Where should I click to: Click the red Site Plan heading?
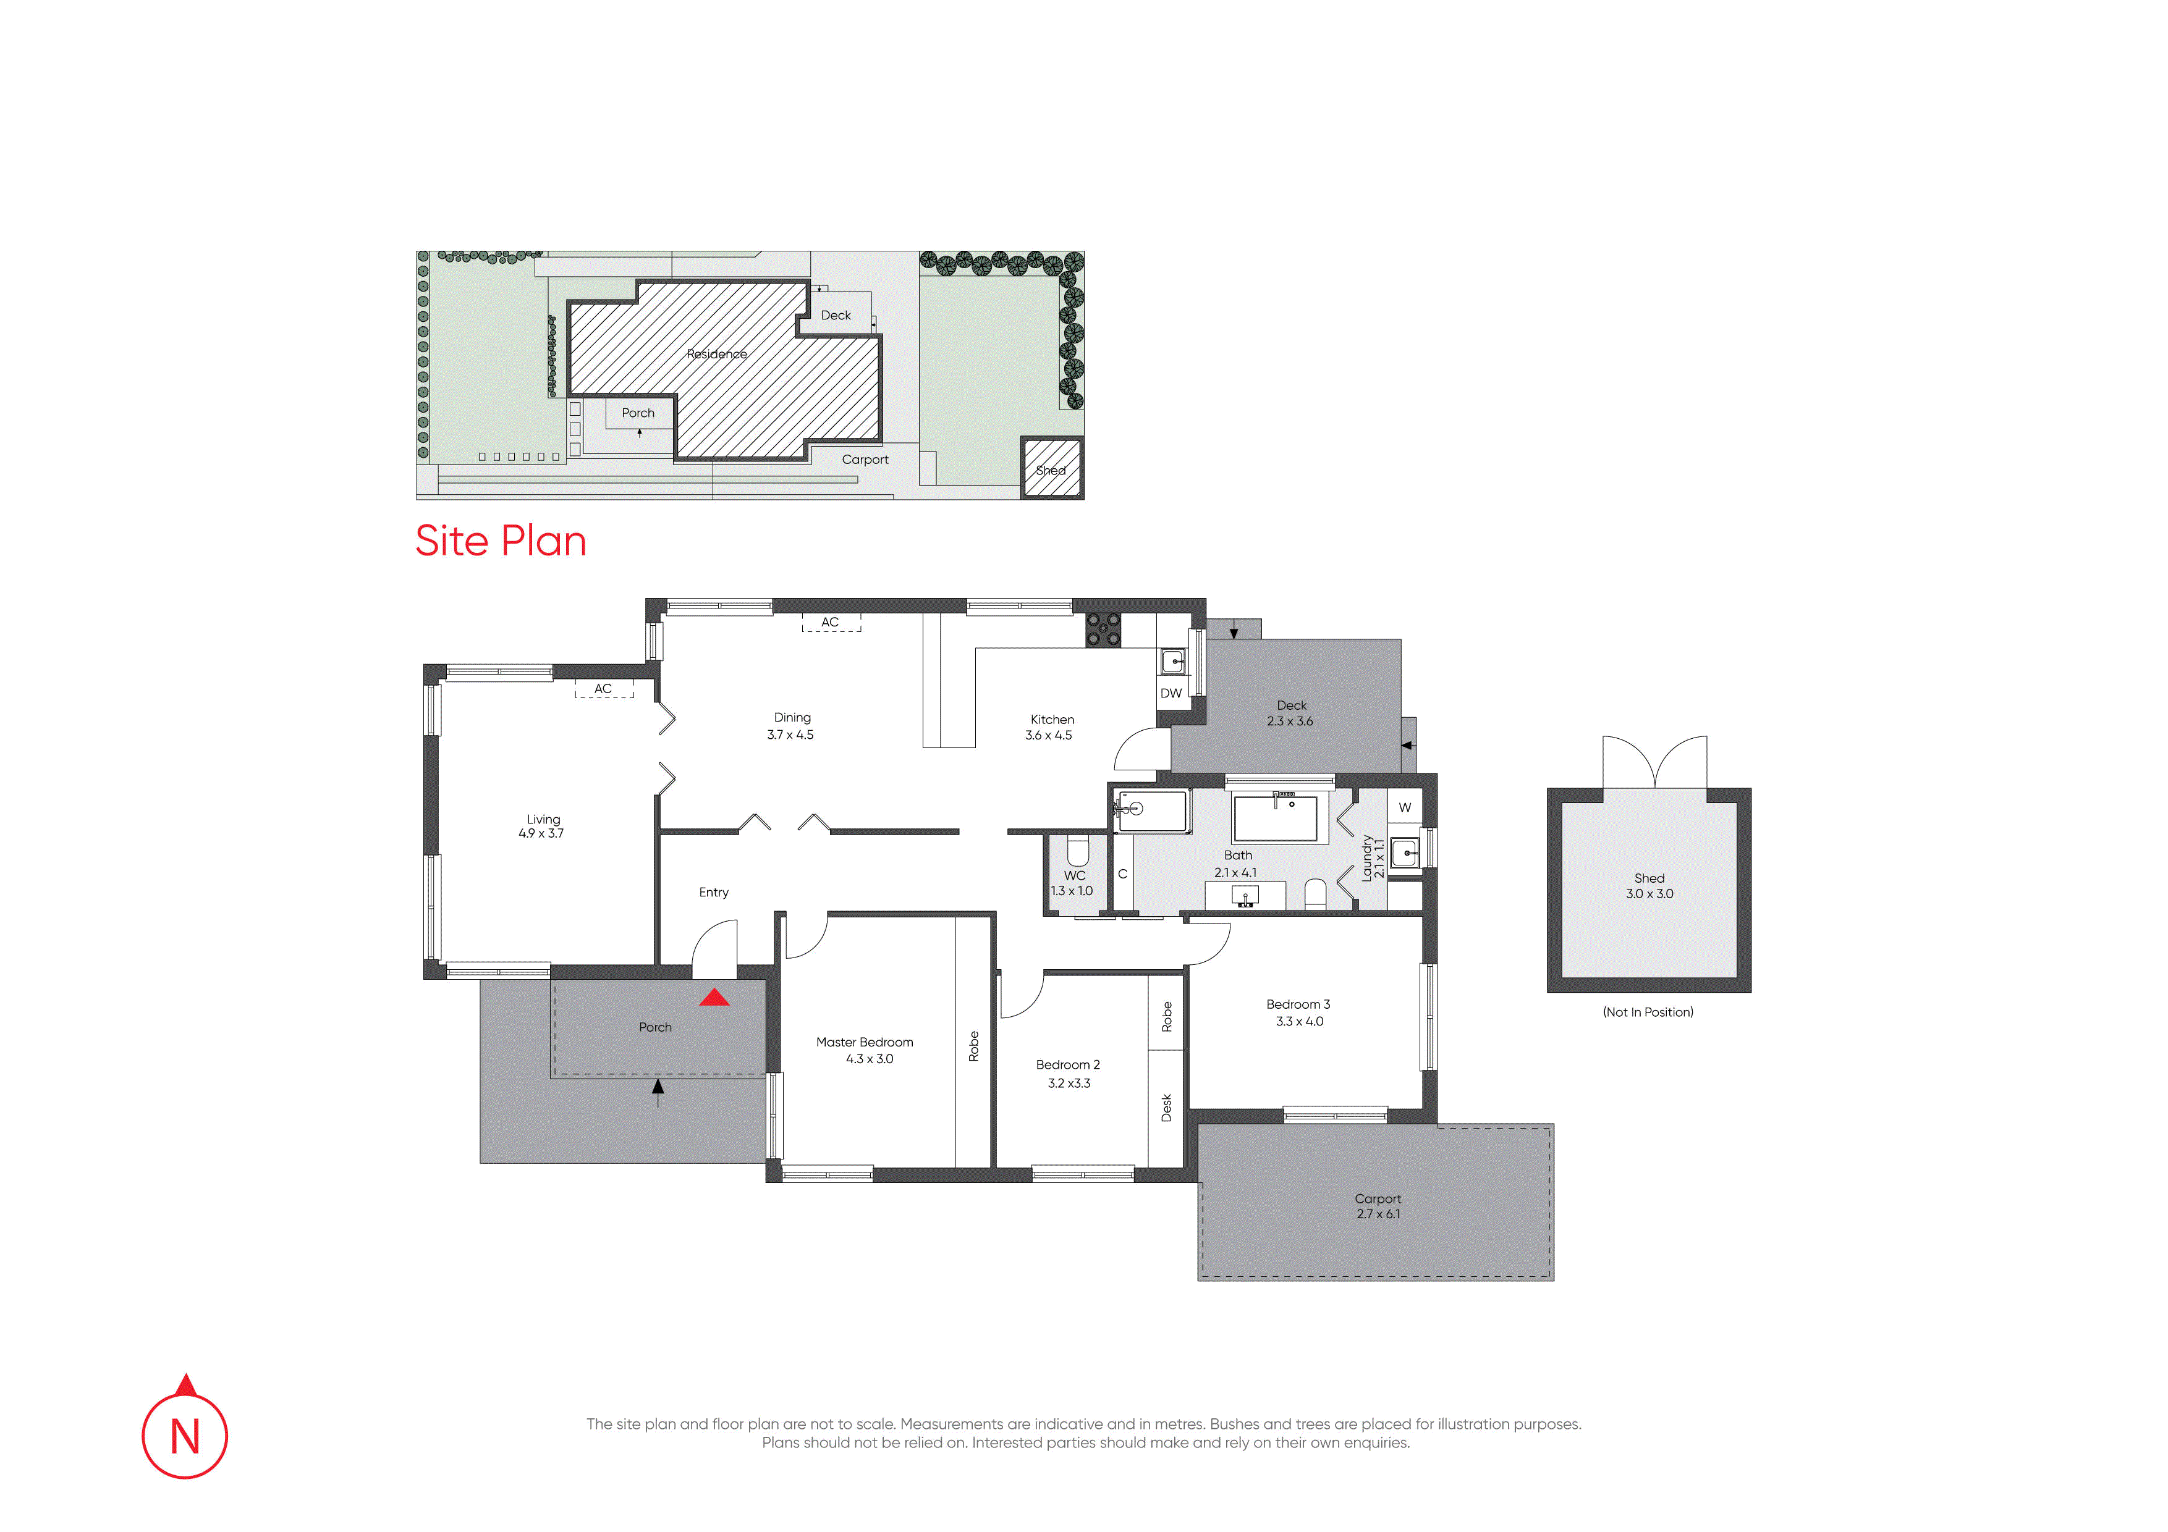coord(501,541)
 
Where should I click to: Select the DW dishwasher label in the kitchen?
coord(1171,693)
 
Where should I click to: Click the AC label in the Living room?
coord(603,689)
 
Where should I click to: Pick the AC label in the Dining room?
coord(830,622)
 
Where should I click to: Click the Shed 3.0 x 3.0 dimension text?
coord(1649,894)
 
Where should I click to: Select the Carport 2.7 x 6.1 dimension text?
coord(1379,1214)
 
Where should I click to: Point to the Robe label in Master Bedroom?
coord(973,1046)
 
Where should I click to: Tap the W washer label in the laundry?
coord(1405,807)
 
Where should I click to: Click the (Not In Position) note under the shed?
coord(1648,1012)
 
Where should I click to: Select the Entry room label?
coord(714,892)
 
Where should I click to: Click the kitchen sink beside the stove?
coord(1173,662)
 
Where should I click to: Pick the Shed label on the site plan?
coord(1051,470)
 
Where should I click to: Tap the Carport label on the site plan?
coord(865,460)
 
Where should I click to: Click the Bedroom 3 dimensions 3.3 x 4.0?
coord(1299,1021)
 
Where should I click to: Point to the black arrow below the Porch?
coord(658,1093)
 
